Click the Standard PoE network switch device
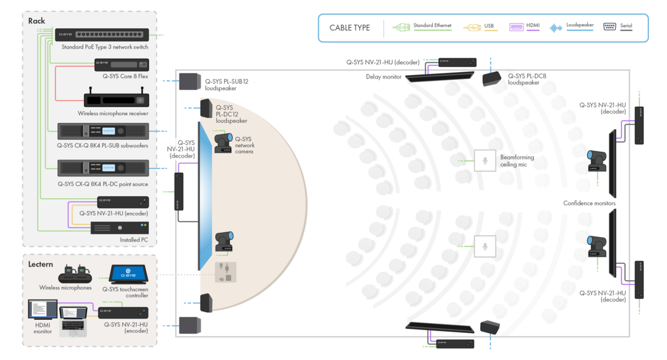coord(102,35)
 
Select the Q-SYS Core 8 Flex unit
coord(121,64)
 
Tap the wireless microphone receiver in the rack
coord(116,100)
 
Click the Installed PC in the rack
coord(119,228)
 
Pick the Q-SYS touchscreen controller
coord(124,274)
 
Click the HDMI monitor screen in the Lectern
coord(43,310)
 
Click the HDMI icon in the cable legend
coord(516,27)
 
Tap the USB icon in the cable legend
coord(472,27)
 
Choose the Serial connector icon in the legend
coord(609,27)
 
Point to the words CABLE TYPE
coord(349,28)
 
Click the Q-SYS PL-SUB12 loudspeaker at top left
coord(189,80)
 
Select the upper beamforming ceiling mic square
coord(484,160)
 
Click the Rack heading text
coord(37,21)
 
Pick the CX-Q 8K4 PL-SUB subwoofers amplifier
coord(103,131)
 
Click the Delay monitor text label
coord(384,77)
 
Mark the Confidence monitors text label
coord(589,203)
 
